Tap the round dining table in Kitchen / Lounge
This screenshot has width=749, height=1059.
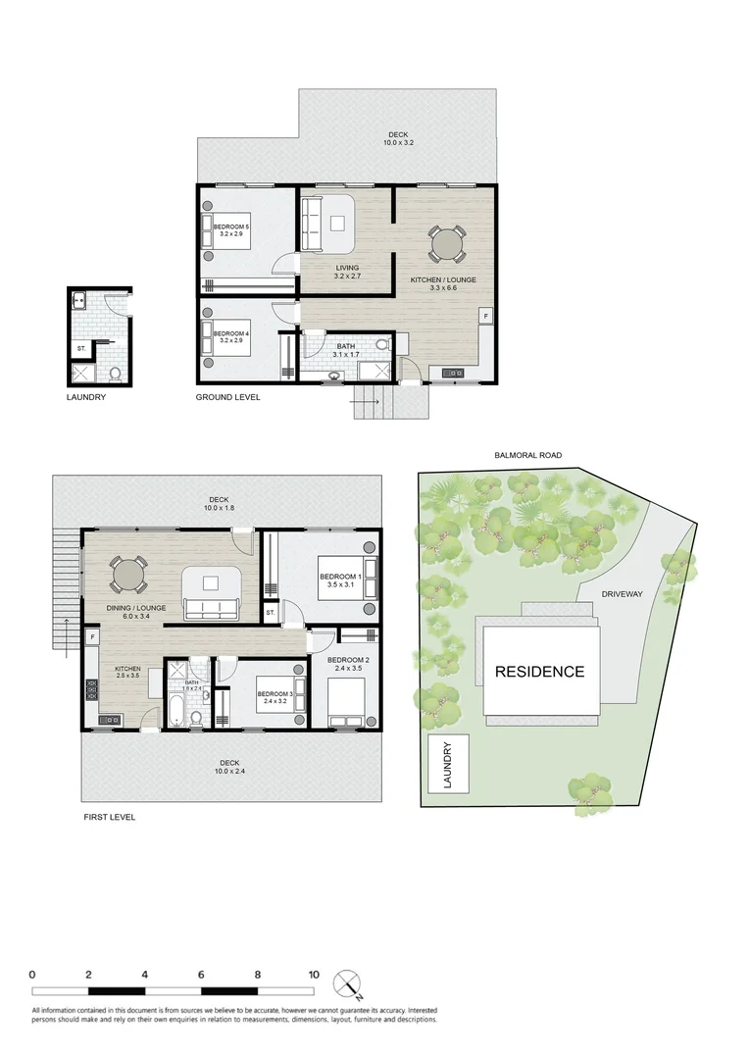pos(446,242)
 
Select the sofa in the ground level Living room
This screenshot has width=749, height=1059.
pos(311,224)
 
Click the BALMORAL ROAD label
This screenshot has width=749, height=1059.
pos(528,455)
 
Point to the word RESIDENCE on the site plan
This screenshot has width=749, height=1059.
pos(539,672)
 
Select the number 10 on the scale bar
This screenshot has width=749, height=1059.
pos(314,975)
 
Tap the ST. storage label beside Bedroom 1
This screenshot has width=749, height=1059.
pos(271,613)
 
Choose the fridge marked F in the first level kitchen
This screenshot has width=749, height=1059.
pos(92,637)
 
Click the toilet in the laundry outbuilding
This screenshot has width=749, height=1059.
pos(115,373)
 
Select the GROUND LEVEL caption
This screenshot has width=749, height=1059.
pos(227,397)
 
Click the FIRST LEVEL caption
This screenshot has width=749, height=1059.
pos(109,816)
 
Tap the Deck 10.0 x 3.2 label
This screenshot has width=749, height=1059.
pos(396,139)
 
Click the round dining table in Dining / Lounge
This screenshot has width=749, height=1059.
pos(128,575)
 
